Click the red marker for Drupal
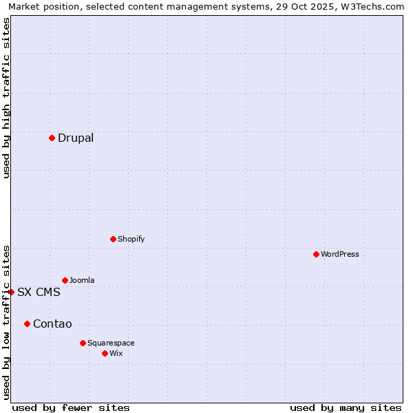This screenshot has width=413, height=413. [52, 138]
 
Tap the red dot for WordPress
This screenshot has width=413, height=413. [316, 254]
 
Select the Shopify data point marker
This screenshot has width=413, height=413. [113, 239]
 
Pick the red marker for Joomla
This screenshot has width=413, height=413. [65, 280]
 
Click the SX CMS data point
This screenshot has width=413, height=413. [11, 292]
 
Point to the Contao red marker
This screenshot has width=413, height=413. [27, 324]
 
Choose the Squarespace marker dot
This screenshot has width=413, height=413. [83, 343]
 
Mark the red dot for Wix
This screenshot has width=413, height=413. [105, 353]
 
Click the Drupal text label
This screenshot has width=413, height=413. [76, 138]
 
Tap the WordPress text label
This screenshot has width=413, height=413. [340, 254]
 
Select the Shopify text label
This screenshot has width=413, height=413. [131, 239]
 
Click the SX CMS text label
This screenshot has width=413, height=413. [39, 292]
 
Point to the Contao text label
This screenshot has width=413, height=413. [52, 324]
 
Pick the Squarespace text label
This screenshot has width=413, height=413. [111, 343]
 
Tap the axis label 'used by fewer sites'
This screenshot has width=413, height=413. [71, 407]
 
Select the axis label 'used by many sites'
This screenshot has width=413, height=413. [346, 407]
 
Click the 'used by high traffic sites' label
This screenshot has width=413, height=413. [7, 98]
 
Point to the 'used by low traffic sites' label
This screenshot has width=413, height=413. [7, 321]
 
